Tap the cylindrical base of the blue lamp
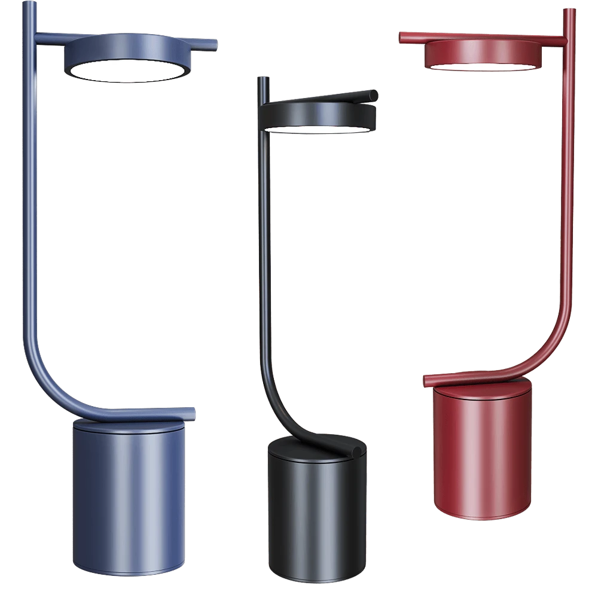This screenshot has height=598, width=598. point(128,496)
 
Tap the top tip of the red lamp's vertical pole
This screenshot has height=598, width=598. point(569,10)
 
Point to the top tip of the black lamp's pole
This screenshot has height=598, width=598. point(262,78)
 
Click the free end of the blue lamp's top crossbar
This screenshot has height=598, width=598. point(214,45)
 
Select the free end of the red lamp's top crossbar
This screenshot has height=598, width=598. point(402,37)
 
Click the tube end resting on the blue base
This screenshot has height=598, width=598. point(191,412)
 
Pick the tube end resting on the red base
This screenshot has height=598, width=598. point(426,380)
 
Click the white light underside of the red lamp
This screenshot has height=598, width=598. point(481,67)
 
